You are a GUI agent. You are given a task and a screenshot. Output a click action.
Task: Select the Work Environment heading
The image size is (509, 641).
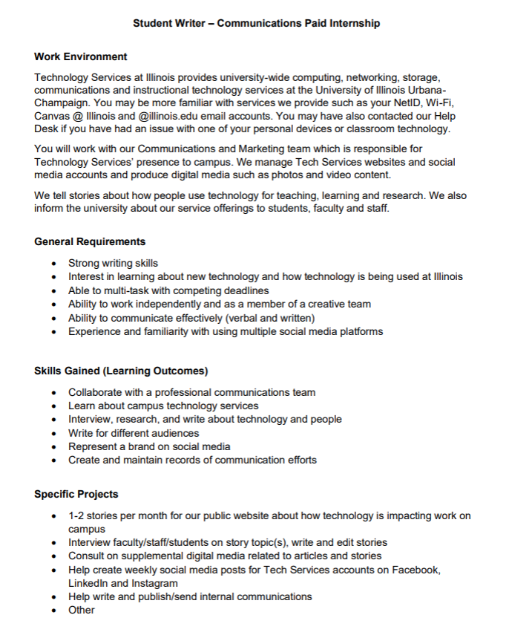80,56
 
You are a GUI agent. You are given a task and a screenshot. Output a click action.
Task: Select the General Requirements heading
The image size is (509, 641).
90,241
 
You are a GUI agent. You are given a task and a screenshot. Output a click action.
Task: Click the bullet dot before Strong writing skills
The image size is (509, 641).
55,264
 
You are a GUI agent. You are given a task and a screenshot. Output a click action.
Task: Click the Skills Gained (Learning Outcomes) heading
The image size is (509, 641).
121,371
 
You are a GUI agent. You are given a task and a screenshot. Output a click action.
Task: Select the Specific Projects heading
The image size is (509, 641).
76,494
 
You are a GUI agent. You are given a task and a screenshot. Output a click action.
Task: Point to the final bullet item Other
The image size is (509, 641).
82,610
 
